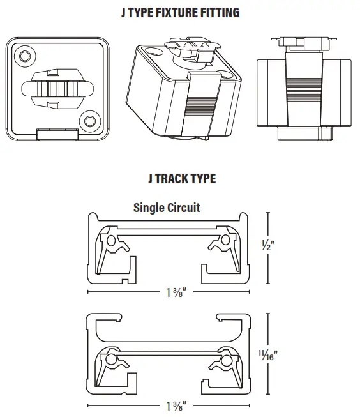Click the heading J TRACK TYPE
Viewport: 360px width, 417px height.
(181, 179)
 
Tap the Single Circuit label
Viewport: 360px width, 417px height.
(167, 207)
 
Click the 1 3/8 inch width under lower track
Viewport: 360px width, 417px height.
(176, 405)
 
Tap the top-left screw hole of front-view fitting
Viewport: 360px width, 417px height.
(25, 57)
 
